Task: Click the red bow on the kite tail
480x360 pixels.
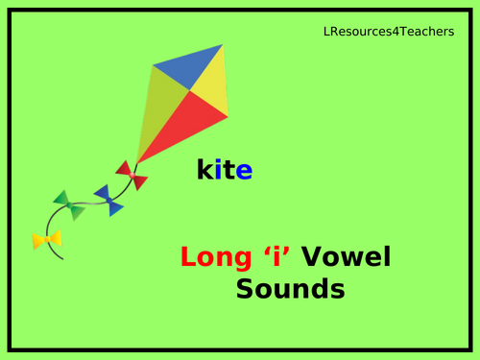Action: coord(131,175)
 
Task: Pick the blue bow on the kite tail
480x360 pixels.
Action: coord(108,200)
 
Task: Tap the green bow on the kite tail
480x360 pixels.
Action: coord(69,205)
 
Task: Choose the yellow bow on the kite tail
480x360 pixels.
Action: coord(45,240)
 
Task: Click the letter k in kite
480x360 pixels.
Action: coord(204,172)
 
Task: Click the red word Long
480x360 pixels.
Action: coord(210,257)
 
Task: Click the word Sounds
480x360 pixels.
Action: coord(289,289)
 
